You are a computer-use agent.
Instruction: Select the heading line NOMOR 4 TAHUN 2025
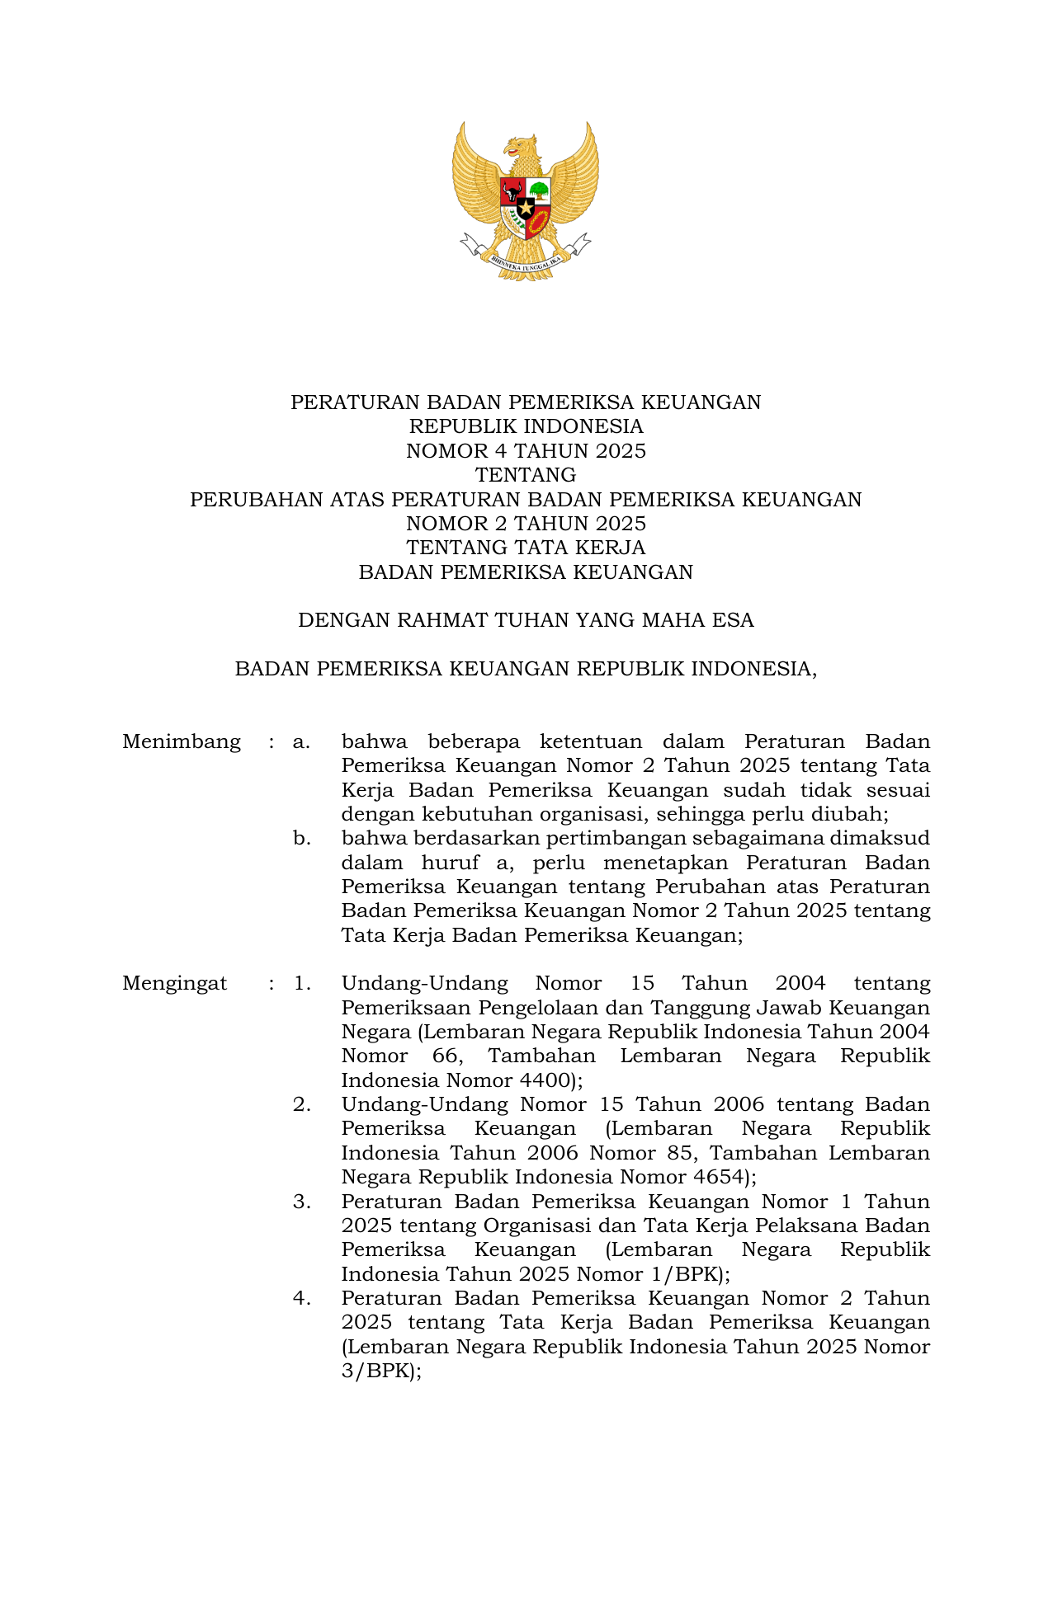coord(526,451)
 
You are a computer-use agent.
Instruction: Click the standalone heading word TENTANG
coord(526,475)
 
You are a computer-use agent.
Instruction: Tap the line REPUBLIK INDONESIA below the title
coord(526,426)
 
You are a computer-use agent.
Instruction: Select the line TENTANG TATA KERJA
coord(526,548)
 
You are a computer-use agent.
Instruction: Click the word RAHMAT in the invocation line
coord(442,620)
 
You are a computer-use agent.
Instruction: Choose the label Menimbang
coord(182,741)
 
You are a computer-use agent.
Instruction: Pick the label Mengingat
coord(174,983)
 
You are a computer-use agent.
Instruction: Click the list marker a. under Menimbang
coord(301,741)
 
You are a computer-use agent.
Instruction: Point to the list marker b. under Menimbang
coord(301,839)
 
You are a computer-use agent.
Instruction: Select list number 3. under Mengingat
coord(301,1202)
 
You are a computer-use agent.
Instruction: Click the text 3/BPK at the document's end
coord(376,1371)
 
